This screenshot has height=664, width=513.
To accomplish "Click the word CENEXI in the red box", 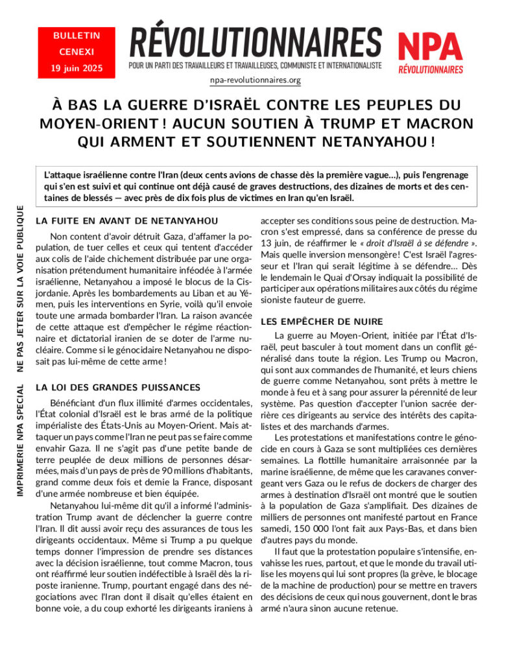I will click(71, 52).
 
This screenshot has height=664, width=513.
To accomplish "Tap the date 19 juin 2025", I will click(71, 67).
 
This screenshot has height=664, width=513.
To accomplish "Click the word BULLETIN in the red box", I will click(71, 37).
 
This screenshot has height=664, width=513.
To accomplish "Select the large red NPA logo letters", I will click(430, 45).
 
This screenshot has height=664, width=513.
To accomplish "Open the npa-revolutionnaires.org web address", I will click(256, 80).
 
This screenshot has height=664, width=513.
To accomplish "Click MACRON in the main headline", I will click(442, 123).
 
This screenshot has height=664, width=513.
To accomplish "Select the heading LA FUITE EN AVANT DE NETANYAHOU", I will click(126, 220).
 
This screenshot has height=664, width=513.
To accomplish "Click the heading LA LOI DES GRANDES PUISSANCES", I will click(118, 387).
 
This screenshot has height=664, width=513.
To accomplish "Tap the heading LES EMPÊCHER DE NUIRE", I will click(322, 322).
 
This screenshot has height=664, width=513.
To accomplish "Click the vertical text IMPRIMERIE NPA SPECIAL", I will click(21, 432).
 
